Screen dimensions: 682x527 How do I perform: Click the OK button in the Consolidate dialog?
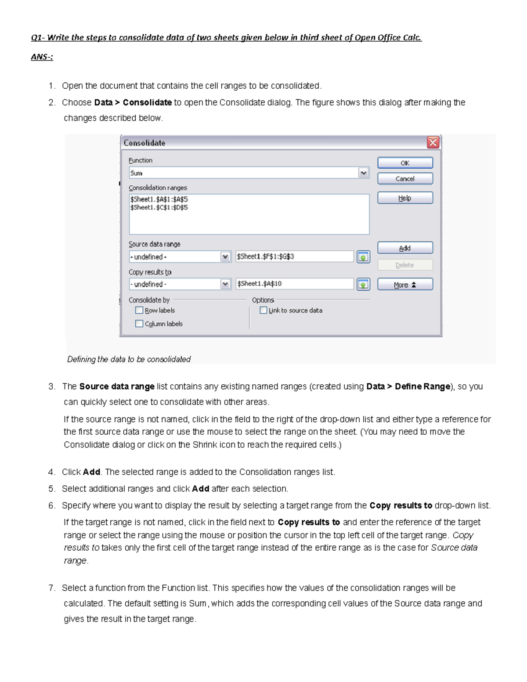(405, 163)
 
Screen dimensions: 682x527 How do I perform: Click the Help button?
(405, 198)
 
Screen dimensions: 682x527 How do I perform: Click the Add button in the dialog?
(405, 248)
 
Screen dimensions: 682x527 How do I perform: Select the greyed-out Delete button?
(405, 265)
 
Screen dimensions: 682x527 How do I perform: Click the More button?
(405, 285)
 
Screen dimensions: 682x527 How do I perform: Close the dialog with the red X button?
(433, 142)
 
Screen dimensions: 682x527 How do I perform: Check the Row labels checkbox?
(139, 310)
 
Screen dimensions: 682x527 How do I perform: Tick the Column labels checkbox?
(139, 324)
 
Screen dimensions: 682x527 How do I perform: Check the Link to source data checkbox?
(263, 310)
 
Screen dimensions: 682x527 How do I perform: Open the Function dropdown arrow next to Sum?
(363, 173)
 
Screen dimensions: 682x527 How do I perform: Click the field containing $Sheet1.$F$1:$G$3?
(294, 256)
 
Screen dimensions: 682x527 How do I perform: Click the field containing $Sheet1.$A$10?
(294, 284)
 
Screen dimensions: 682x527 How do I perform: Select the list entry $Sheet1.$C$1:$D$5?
(159, 207)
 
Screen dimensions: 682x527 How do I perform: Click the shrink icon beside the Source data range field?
(363, 257)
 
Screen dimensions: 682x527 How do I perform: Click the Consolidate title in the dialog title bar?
(144, 143)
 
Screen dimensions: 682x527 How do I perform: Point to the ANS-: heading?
(42, 57)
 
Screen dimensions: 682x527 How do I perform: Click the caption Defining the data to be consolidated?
(129, 359)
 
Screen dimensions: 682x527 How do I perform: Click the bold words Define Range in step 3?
(422, 386)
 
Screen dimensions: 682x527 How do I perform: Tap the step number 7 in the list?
(51, 588)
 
